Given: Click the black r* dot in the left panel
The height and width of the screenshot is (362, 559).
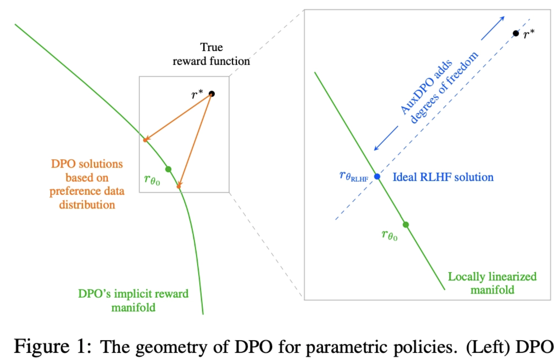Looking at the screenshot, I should pos(211,94).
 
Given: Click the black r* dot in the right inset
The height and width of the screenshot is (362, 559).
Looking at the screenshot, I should pos(516,34).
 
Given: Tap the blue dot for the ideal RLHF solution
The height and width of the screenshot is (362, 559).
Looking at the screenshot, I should pos(377,176).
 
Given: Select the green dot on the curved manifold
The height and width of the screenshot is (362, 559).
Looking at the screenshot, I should pos(168,169).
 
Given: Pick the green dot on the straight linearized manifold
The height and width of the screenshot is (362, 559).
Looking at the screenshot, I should pos(406,225).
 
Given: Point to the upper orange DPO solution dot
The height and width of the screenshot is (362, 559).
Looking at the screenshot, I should pos(145,140).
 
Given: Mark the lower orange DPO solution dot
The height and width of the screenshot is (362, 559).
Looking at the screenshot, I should pos(179,186).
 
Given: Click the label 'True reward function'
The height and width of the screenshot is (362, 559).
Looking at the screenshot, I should pos(211,54).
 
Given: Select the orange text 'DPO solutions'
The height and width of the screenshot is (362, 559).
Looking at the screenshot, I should pos(87,164).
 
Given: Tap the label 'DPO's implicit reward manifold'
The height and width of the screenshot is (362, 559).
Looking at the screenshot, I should pos(133,300).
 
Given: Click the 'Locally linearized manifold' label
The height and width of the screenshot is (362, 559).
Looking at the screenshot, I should pos(492,283).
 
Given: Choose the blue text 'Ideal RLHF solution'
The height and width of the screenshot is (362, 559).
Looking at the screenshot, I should pos(443,177).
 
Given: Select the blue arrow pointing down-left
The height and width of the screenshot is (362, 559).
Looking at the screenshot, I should pos(386,138).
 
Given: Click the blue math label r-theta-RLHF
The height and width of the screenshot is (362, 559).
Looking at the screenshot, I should pos(353,176).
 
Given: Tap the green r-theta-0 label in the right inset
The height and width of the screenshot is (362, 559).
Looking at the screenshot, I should pos(389,235).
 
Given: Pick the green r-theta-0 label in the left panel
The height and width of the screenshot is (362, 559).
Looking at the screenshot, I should pos(152,180).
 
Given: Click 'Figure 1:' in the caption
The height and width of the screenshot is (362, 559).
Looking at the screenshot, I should pos(53,346).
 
